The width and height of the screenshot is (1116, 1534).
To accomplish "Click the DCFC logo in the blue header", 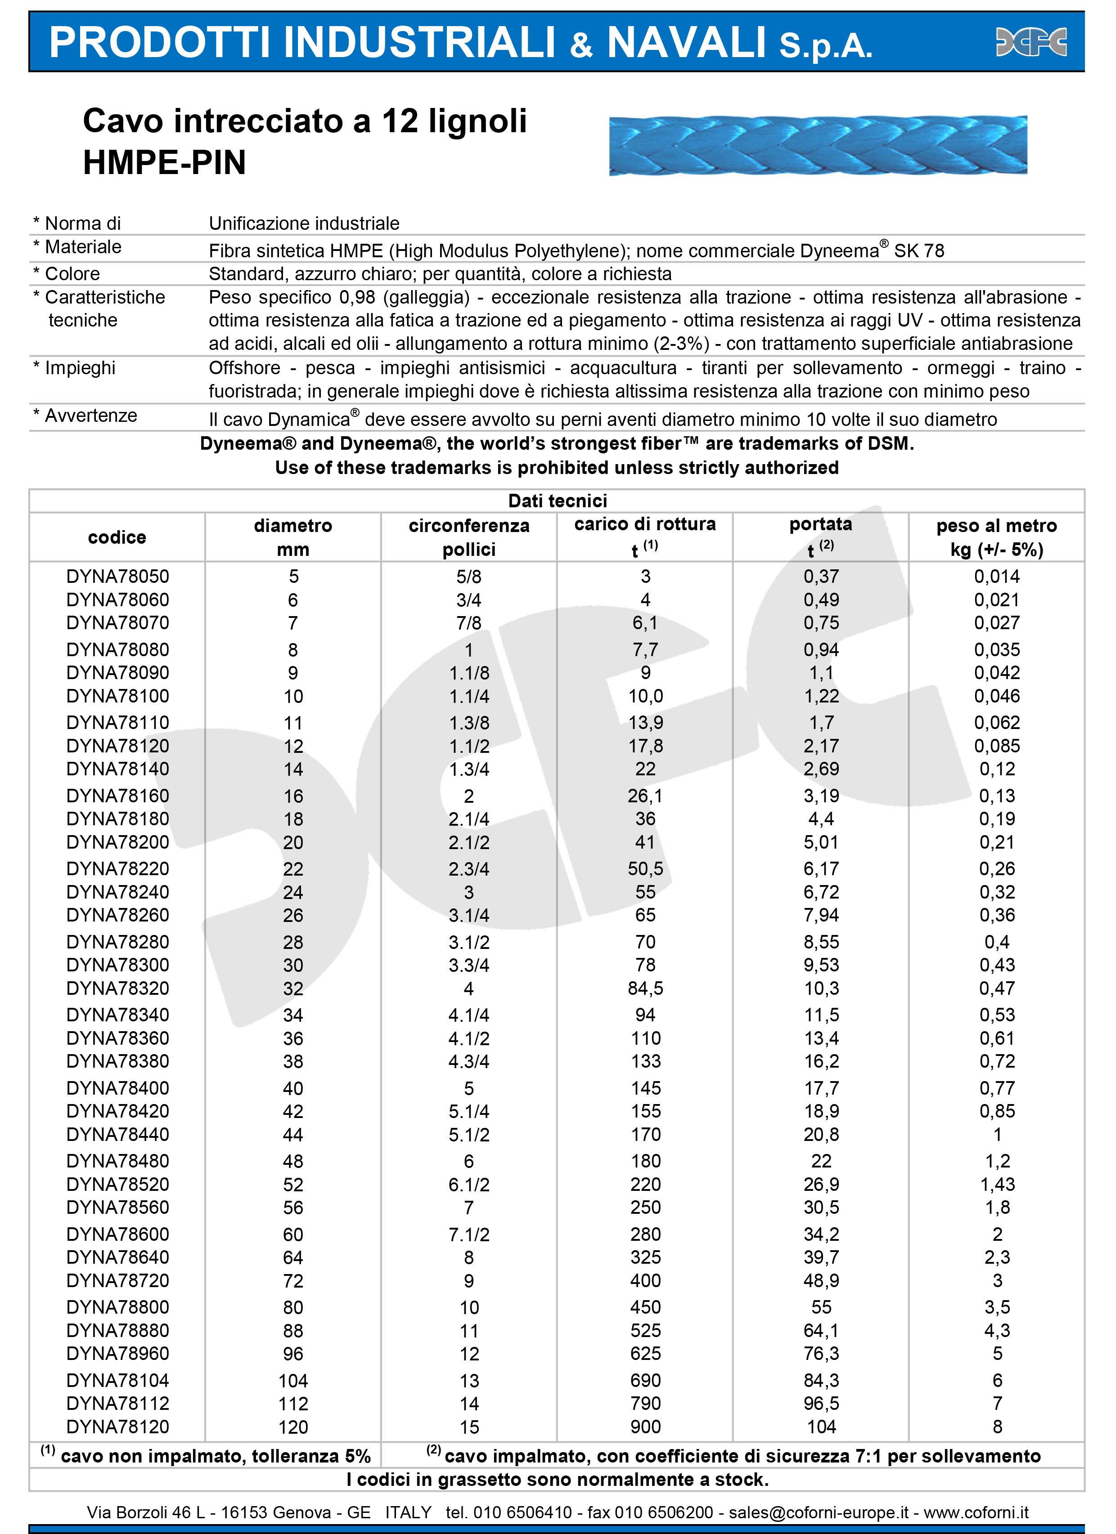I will (1031, 42).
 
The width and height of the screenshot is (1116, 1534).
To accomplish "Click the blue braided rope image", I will (818, 145).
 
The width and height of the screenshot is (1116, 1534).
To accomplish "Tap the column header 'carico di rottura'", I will (644, 524).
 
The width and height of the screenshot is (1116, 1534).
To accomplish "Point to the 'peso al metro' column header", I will (996, 526).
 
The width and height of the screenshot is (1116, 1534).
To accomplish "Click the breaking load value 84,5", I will (645, 988).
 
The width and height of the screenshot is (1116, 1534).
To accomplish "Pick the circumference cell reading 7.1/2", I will (469, 1234).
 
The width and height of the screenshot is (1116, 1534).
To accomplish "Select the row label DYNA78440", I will (118, 1134).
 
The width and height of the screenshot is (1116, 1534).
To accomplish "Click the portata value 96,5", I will (821, 1404).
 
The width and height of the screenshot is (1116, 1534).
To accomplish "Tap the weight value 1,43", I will (996, 1184).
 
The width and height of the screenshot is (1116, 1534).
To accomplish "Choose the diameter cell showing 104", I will (293, 1381).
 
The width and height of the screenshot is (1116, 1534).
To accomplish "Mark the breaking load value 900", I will (645, 1427).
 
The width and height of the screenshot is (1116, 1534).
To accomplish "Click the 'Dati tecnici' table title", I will (557, 501).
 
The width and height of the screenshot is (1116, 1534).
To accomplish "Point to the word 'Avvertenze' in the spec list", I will (91, 415).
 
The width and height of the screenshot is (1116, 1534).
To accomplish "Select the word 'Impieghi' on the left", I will (80, 368).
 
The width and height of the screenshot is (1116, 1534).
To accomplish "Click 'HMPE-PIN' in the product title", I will (164, 163).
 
